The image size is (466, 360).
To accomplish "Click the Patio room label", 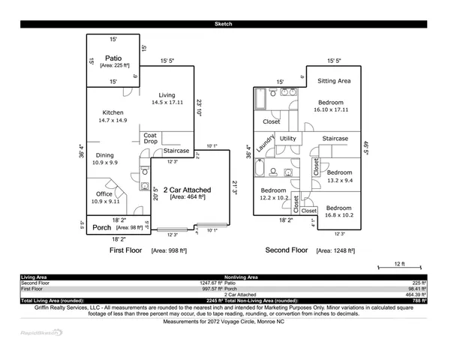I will [113, 58].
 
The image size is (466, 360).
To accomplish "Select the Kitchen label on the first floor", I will [113, 112].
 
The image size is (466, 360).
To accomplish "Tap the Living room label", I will [167, 95].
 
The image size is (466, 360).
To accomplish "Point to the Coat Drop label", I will [151, 139].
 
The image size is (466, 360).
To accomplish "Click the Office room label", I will [104, 193].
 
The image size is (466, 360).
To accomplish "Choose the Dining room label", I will [104, 155].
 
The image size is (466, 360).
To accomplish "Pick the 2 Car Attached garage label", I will [187, 190].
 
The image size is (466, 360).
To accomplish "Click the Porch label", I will [102, 227].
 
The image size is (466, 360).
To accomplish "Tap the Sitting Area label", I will [334, 80].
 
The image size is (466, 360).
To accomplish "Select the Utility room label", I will [287, 139].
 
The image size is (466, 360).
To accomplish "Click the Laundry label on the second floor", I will [264, 142].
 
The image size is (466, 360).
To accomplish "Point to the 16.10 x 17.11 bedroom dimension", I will [330, 109].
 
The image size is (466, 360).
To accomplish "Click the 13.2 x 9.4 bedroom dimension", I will [340, 180].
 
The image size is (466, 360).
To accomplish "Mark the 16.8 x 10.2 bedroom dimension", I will [338, 215].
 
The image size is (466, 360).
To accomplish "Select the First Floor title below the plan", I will [127, 250].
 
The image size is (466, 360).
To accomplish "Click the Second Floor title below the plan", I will [287, 250].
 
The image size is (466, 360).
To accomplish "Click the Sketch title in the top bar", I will [223, 25].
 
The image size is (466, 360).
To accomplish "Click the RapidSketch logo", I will [41, 331].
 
